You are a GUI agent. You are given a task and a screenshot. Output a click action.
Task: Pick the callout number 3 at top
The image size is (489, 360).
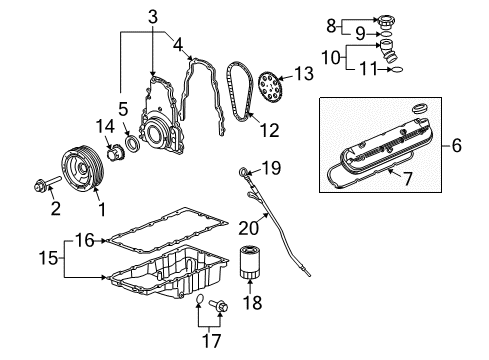[x=153, y=15]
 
